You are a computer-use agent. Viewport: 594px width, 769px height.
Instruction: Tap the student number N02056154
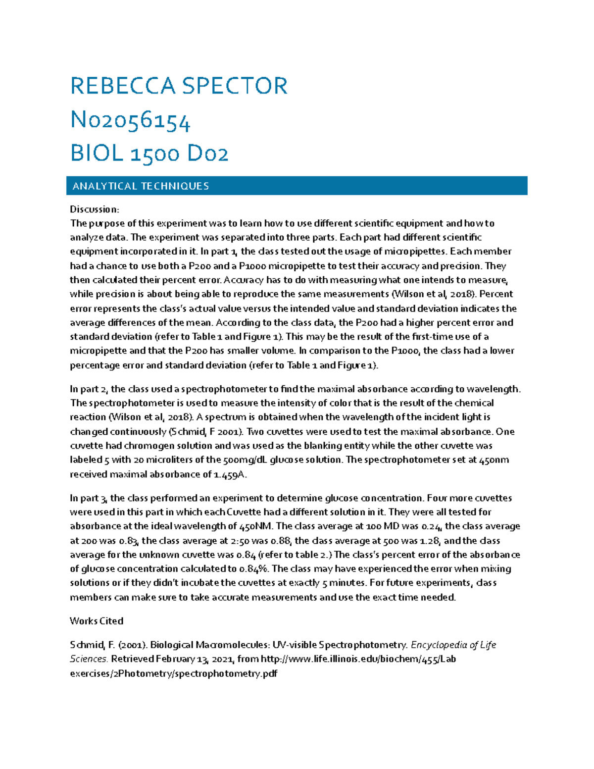(130, 120)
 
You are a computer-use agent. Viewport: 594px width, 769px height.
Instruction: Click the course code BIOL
(97, 154)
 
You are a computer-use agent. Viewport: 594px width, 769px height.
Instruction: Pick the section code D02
(207, 154)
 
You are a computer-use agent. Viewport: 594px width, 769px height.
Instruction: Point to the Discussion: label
(94, 209)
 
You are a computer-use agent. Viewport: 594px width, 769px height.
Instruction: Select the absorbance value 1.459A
(230, 474)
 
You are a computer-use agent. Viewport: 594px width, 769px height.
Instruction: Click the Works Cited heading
(97, 621)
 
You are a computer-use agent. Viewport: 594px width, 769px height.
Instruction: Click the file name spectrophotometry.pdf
(226, 673)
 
